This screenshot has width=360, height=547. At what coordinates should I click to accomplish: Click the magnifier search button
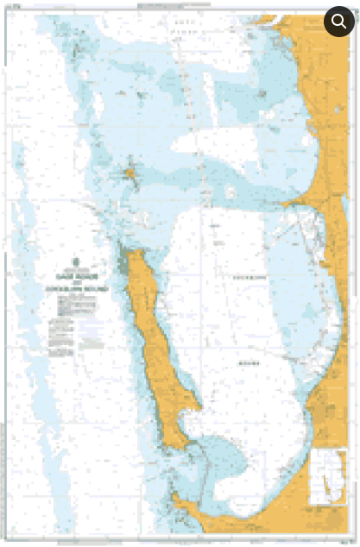338,22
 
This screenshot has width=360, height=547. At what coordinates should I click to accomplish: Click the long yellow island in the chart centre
155,345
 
